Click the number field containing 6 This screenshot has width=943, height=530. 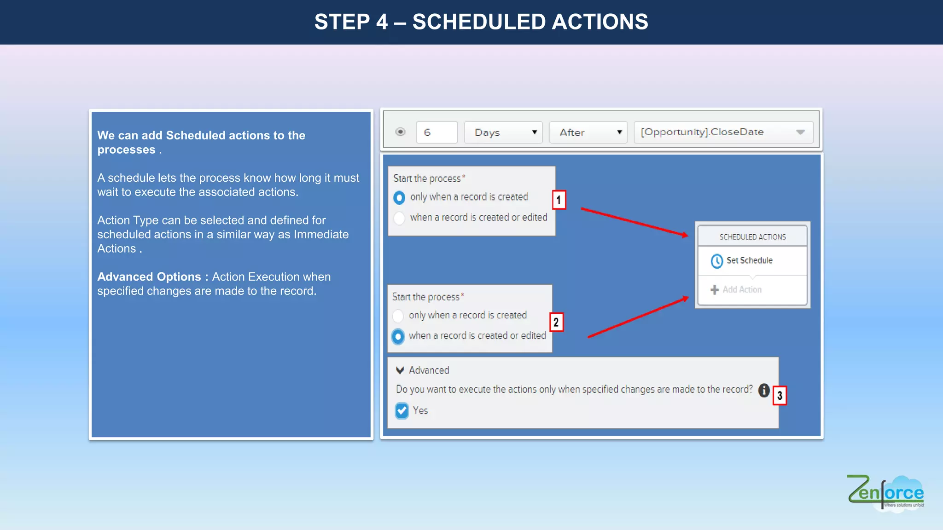[437, 132]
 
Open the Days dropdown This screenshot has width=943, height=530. [503, 132]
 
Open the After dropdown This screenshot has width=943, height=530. [588, 132]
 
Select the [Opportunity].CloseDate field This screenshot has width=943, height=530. [723, 132]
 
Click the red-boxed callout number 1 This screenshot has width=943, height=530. [559, 200]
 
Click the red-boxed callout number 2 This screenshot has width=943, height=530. [556, 323]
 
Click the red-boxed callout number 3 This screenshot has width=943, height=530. [780, 396]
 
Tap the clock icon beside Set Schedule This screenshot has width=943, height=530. [716, 261]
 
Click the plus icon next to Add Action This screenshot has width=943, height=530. [714, 290]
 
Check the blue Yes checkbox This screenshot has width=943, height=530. [402, 410]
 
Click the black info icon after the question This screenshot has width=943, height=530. [764, 390]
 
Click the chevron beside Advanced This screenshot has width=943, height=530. [400, 370]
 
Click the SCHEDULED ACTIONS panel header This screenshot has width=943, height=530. [752, 236]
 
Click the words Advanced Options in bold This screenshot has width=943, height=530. [149, 277]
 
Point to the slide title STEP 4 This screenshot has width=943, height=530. [481, 22]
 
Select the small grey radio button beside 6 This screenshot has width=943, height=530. [400, 132]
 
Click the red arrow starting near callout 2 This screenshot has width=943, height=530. [638, 318]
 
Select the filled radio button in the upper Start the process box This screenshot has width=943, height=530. [399, 198]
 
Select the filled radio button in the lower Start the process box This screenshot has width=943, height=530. [398, 336]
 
